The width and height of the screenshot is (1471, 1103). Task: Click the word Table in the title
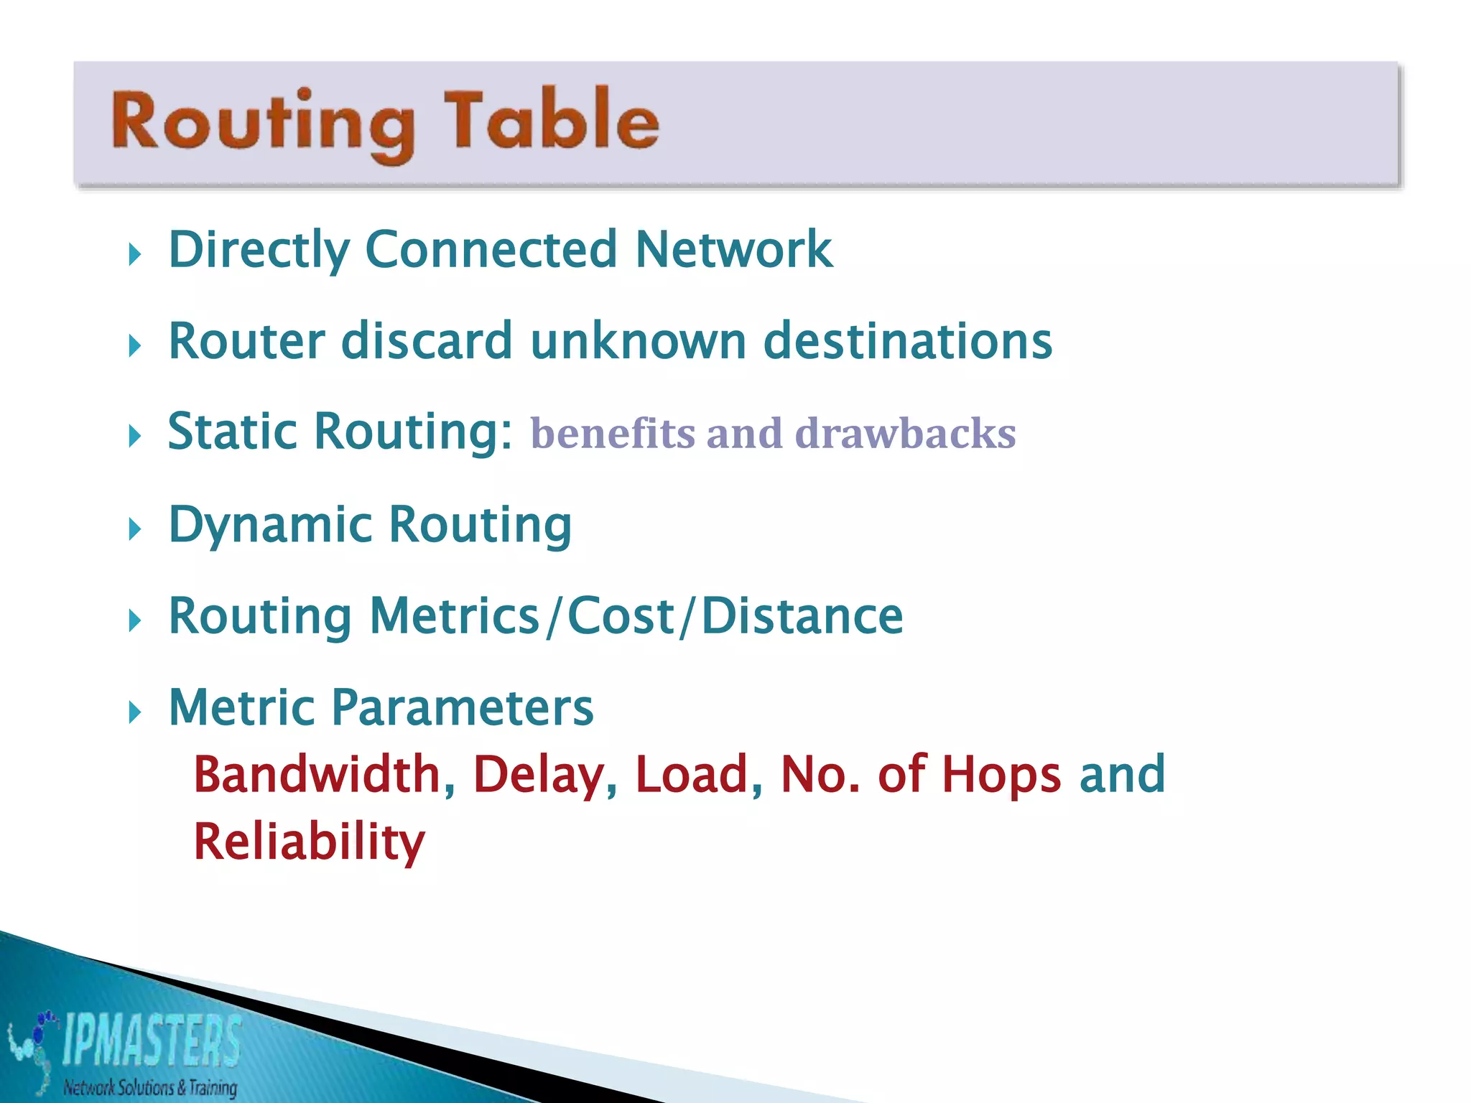(551, 119)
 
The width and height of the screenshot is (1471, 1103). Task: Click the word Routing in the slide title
(263, 122)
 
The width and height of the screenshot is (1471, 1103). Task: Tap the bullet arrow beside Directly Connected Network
(134, 253)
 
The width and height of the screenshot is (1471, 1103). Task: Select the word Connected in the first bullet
(491, 249)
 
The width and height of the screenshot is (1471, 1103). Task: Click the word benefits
(613, 433)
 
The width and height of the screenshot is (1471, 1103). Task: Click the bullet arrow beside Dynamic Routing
(134, 529)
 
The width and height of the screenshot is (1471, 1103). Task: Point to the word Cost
(621, 616)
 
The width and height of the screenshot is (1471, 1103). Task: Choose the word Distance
(802, 616)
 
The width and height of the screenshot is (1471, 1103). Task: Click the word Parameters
(462, 707)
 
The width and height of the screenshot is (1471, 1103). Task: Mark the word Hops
(1001, 775)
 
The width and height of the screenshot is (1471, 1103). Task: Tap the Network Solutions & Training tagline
(149, 1087)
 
